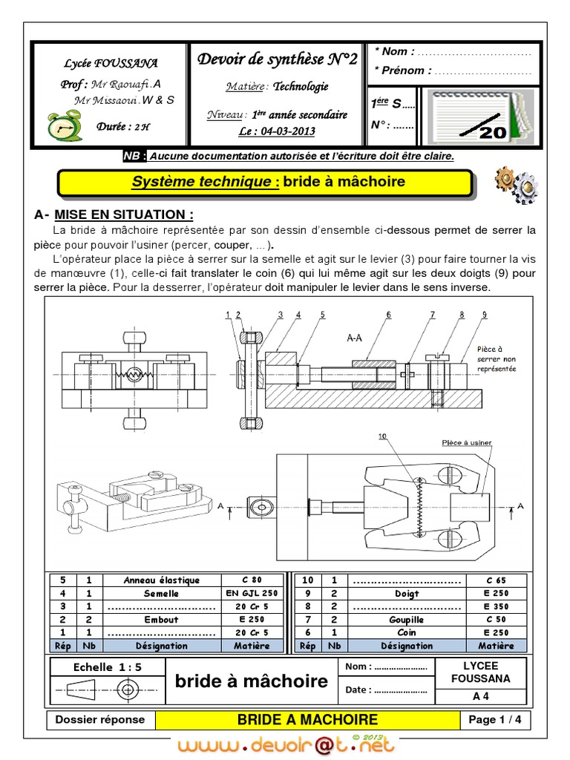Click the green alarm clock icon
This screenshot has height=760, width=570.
[x=59, y=127]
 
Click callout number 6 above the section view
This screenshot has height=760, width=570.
[x=388, y=315]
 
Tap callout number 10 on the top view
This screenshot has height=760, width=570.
[x=382, y=436]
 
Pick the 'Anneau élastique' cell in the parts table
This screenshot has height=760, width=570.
[x=162, y=580]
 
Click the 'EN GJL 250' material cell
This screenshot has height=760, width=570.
[x=252, y=593]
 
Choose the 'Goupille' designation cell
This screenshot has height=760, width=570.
[x=407, y=619]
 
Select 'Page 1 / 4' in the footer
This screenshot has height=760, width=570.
[x=495, y=719]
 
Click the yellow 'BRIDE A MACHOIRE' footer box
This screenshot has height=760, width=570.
[x=307, y=719]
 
